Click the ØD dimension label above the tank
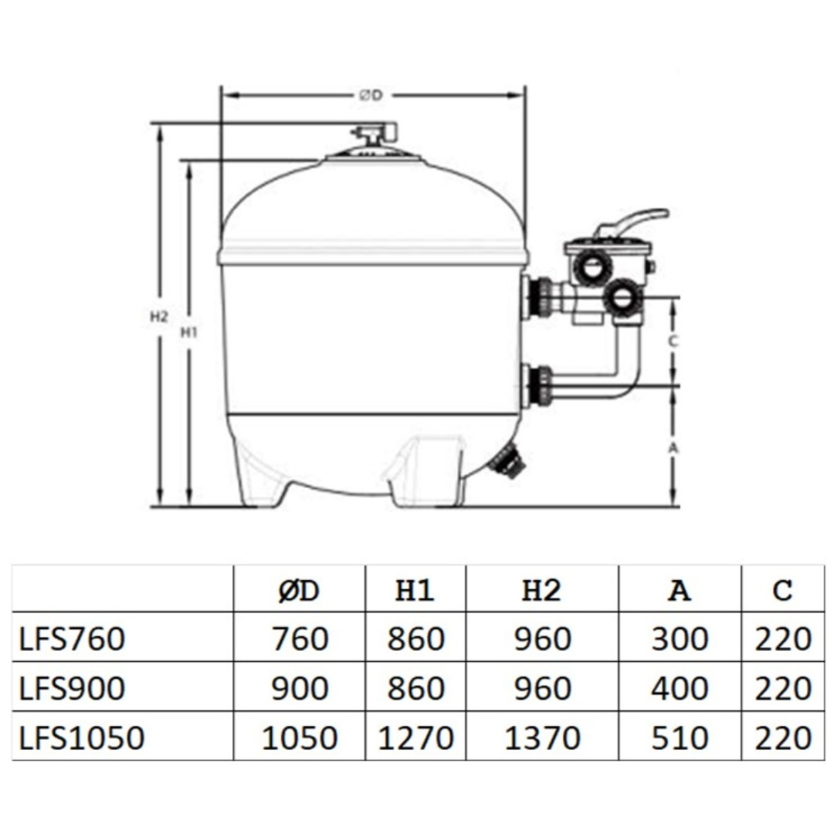371,96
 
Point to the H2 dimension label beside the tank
158,316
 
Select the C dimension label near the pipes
673,341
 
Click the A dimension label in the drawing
673,447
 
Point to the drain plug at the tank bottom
509,461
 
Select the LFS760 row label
71,639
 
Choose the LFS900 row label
71,689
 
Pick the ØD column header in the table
299,591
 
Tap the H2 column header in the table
541,591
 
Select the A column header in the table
679,591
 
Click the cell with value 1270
415,738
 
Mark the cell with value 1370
541,738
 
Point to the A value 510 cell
679,738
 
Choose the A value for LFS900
679,689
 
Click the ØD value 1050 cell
299,738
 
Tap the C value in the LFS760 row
782,639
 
